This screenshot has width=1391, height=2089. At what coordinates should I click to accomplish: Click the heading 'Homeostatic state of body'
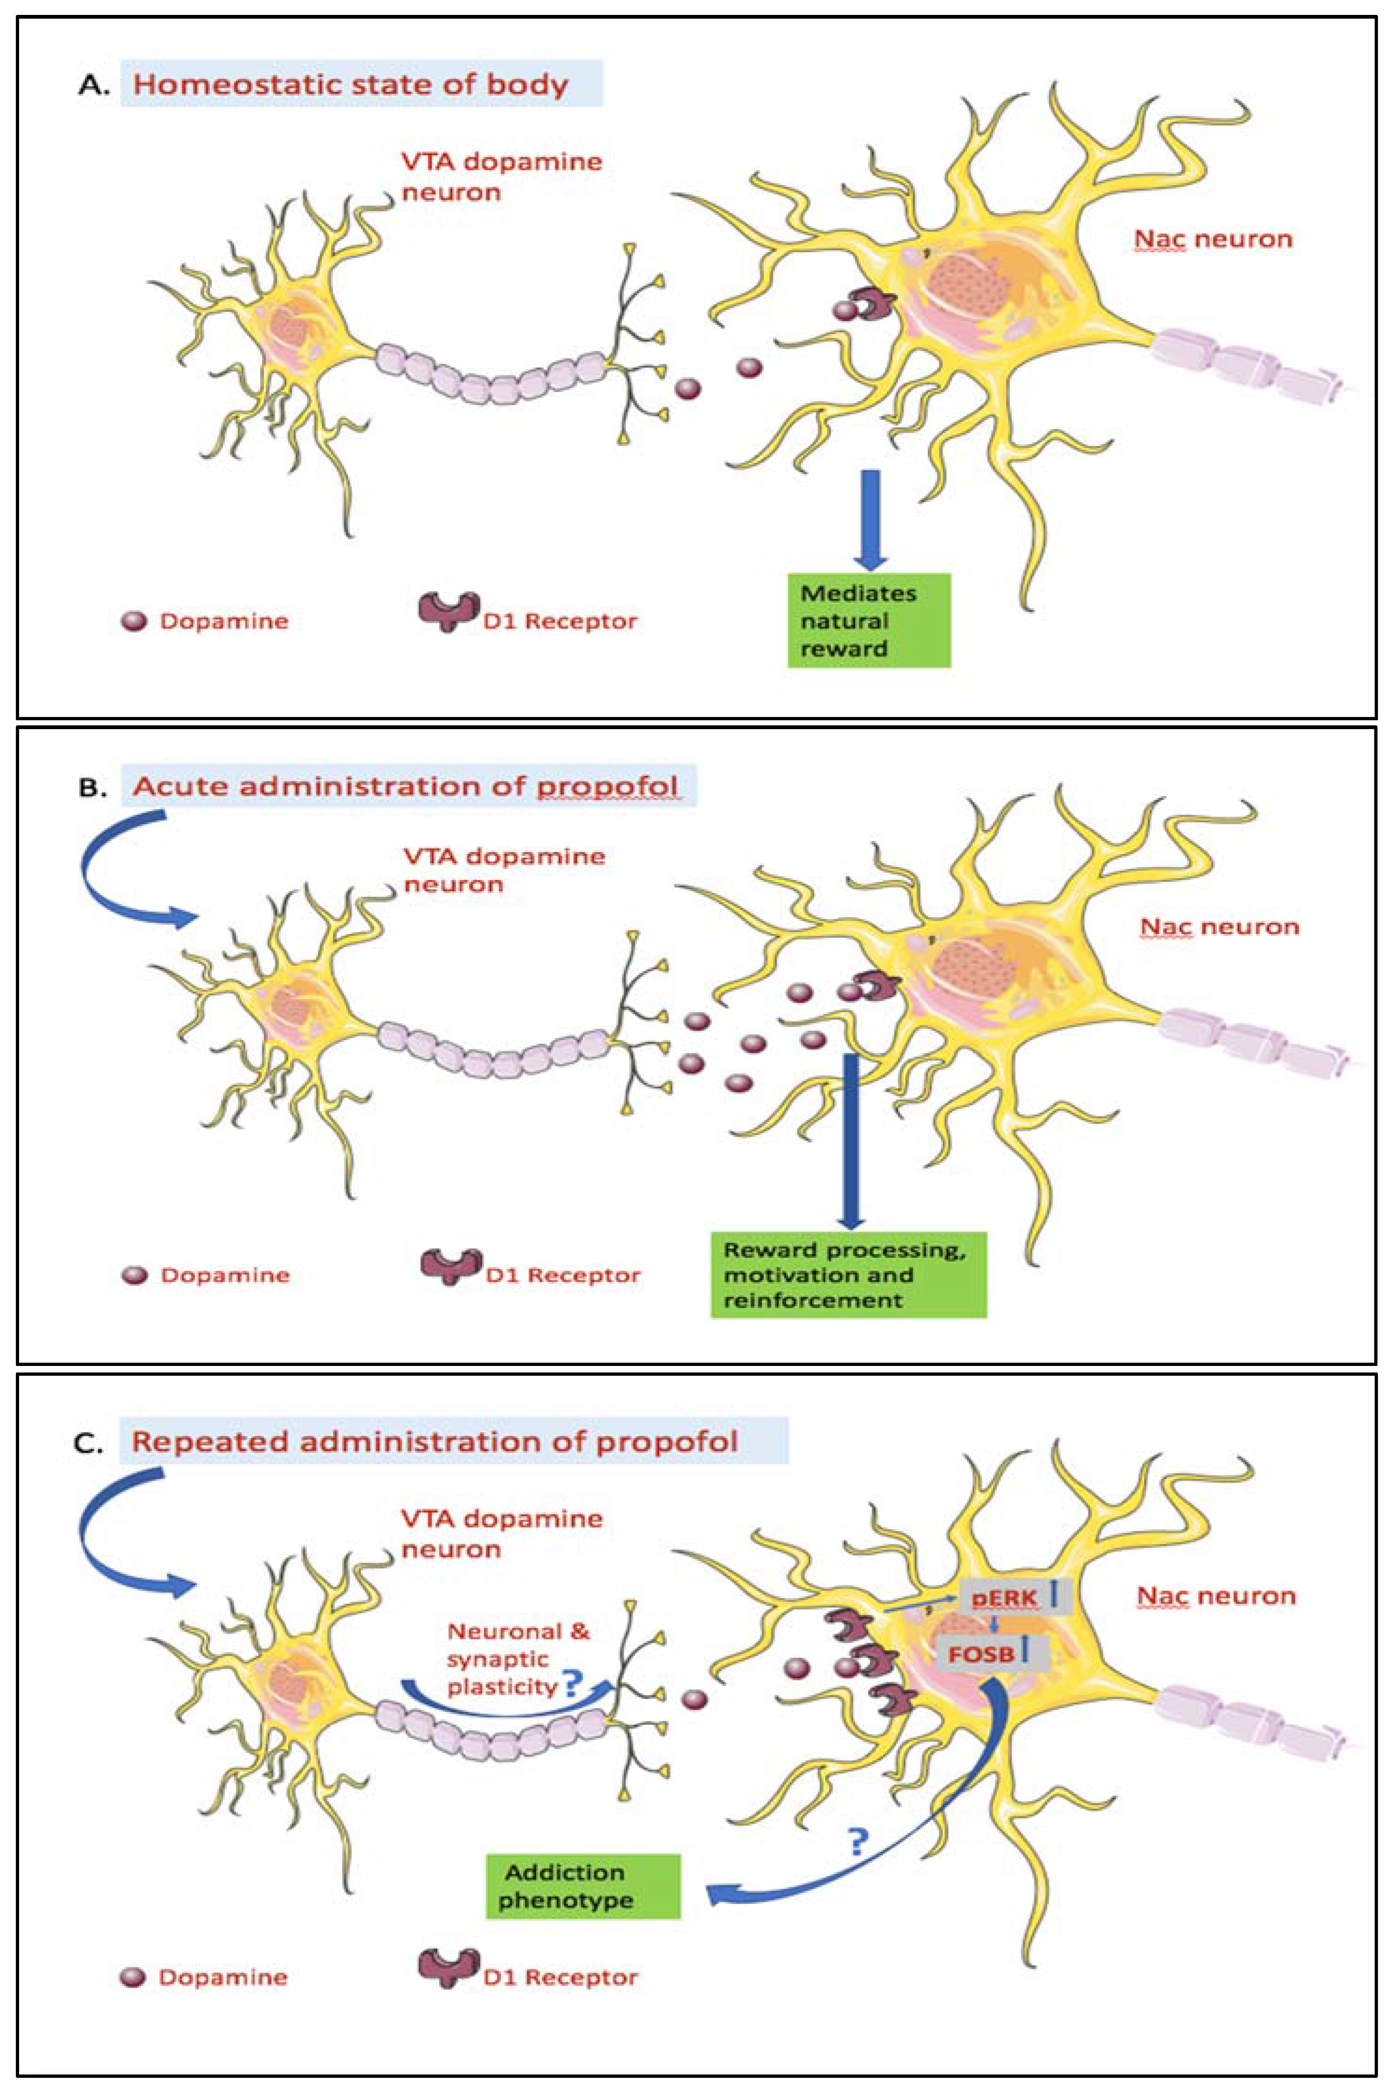(x=351, y=84)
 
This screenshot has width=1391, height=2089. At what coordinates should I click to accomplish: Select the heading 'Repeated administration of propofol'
(x=434, y=1441)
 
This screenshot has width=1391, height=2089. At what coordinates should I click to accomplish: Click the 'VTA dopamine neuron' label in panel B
(x=503, y=870)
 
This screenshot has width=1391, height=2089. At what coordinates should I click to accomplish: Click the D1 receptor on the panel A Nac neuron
(x=874, y=306)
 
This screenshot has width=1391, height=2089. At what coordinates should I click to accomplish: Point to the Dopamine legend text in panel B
(x=224, y=1276)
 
